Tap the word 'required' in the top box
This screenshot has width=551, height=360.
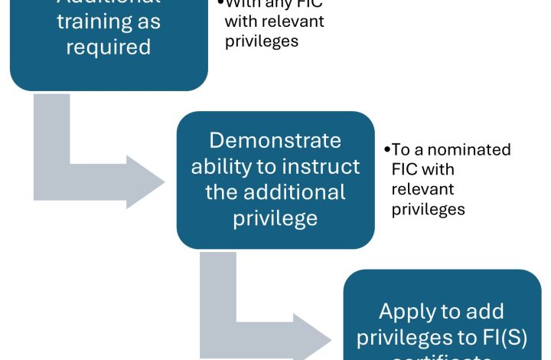(109, 47)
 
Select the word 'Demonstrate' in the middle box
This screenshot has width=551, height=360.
(275, 141)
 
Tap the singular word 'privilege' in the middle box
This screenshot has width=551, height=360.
(275, 218)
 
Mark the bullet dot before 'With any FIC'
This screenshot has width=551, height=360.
(221, 4)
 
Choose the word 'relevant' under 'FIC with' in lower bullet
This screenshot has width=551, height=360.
(422, 188)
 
